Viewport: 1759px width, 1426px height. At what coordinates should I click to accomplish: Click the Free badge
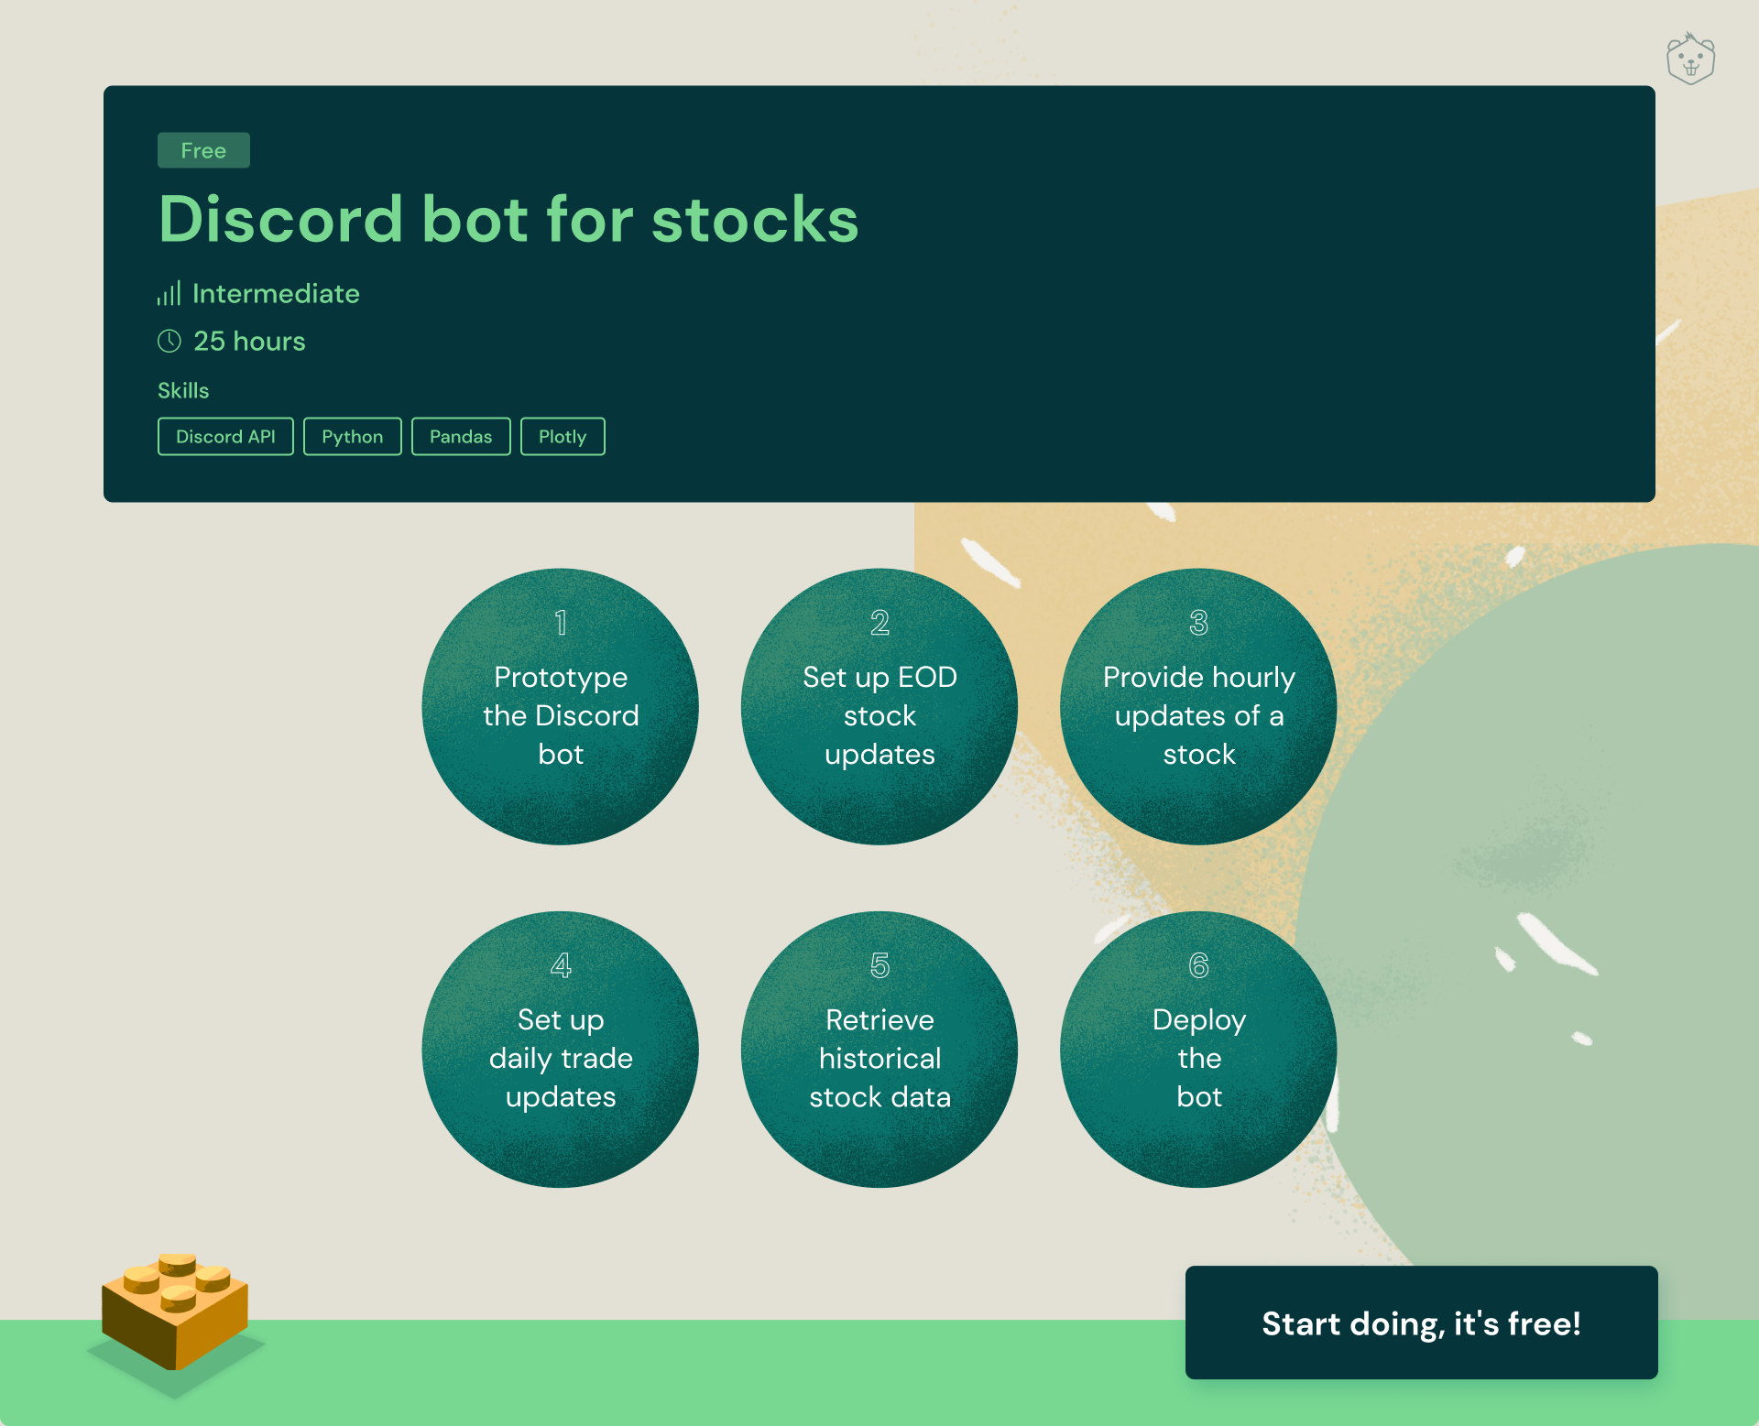[203, 150]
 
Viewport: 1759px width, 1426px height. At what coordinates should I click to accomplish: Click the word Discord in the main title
[281, 220]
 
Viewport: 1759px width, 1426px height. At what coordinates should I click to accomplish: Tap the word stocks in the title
[755, 220]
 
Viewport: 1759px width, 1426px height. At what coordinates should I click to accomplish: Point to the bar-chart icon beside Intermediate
[169, 293]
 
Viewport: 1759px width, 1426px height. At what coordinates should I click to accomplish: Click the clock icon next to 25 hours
[169, 342]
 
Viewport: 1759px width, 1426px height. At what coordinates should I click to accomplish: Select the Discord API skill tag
[225, 437]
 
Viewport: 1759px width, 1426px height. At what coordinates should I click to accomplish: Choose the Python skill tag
[353, 437]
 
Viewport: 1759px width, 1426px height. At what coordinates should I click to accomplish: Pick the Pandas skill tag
[461, 437]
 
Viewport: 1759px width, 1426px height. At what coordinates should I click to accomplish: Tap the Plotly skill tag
[563, 437]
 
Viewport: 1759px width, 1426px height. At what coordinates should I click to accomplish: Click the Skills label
[183, 391]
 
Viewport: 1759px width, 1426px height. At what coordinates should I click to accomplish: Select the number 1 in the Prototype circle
[561, 623]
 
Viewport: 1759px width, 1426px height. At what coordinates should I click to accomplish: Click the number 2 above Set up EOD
[879, 623]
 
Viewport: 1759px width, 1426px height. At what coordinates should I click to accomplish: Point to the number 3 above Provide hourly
[1198, 623]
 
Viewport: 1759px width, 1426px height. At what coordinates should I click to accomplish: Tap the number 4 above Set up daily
[561, 965]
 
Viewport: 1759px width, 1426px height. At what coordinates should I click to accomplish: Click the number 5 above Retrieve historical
[879, 965]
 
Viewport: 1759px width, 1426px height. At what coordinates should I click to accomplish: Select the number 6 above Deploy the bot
[1198, 965]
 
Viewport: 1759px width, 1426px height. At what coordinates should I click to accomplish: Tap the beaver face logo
[1690, 60]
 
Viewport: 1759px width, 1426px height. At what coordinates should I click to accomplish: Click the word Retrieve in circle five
[879, 1020]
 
